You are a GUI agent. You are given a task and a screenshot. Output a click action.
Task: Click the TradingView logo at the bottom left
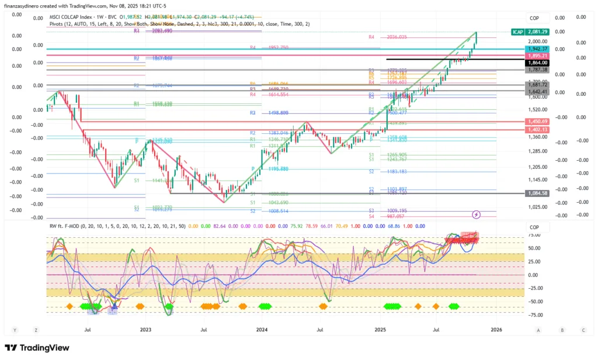pyautogui.click(x=36, y=348)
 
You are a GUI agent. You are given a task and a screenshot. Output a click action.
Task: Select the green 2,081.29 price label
pyautogui.click(x=536, y=31)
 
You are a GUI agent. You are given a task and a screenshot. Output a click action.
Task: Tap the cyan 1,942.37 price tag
pyautogui.click(x=536, y=49)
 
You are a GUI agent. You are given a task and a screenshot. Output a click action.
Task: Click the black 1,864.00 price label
pyautogui.click(x=536, y=62)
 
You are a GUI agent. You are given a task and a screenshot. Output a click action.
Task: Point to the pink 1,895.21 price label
pyautogui.click(x=536, y=56)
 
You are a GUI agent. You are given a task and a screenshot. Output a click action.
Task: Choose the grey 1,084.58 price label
pyautogui.click(x=536, y=193)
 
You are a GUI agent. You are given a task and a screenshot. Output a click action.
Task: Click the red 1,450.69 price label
pyautogui.click(x=536, y=121)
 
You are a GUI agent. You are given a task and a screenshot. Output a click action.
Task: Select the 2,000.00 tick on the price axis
pyautogui.click(x=536, y=41)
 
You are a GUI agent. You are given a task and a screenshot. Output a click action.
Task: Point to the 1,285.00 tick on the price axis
pyautogui.click(x=536, y=151)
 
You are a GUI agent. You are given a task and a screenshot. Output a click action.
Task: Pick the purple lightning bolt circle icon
pyautogui.click(x=476, y=215)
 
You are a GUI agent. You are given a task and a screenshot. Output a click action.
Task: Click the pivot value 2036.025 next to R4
pyautogui.click(x=395, y=37)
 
